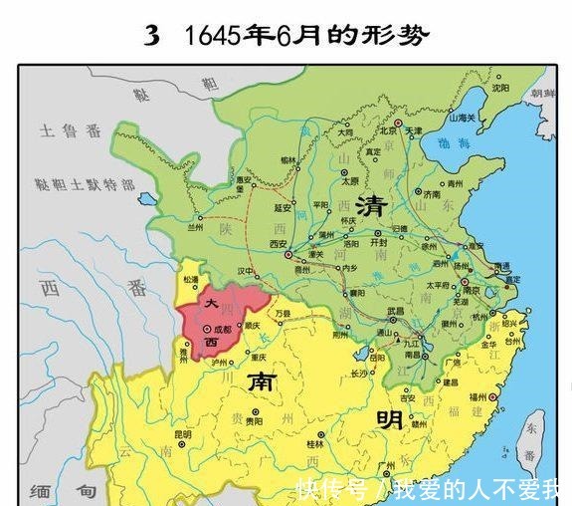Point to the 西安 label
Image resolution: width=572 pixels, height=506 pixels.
coord(278,243)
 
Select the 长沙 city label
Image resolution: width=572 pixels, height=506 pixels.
coord(361,375)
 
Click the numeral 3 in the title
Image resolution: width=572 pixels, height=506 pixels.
coord(151,36)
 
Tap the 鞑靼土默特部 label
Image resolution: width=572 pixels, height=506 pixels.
coord(84,185)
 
